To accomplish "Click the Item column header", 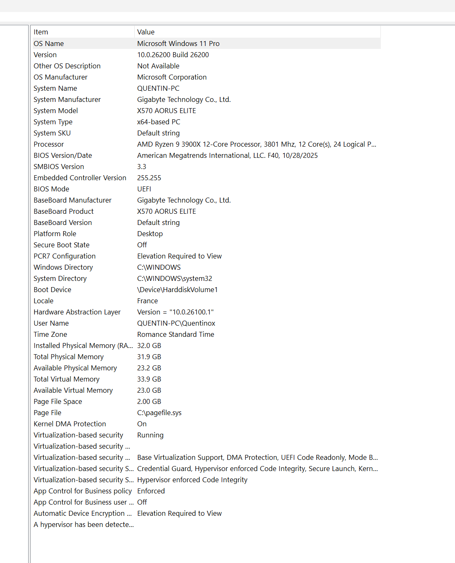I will tap(41, 32).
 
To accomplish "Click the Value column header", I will tap(146, 32).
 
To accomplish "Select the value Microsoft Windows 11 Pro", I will tap(178, 43).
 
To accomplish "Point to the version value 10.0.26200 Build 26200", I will tap(173, 55).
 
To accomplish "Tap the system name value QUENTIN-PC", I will tap(158, 88).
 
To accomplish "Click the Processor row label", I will tap(49, 144).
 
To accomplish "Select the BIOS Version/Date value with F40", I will tap(227, 155).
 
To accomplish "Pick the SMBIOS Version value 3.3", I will tap(142, 167).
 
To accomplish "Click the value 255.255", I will tap(149, 178).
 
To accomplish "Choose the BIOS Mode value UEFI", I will tap(144, 189).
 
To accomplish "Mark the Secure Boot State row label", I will tap(61, 245).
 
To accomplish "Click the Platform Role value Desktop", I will tap(150, 234).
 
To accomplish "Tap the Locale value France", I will tap(148, 301).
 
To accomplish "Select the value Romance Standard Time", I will tap(176, 334).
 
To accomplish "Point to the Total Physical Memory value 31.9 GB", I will tap(149, 357).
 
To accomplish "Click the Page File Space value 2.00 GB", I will tap(149, 401).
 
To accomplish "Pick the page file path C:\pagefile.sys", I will tap(159, 413).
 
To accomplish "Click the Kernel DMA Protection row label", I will tap(70, 424).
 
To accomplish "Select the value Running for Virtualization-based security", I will tap(150, 435).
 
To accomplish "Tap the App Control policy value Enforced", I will tap(151, 491).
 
